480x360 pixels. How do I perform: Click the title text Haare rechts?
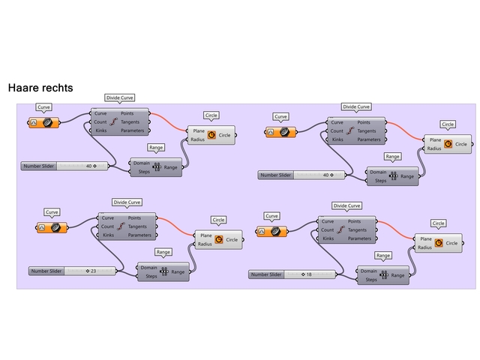tap(40, 88)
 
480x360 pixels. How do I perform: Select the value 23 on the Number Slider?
tap(94, 270)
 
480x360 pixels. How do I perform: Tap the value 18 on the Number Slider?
tap(308, 274)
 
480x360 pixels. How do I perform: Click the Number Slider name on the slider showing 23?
tap(46, 270)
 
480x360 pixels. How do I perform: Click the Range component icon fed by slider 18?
tap(385, 275)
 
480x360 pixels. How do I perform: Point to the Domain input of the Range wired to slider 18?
tap(368, 271)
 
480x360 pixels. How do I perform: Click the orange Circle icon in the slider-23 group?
tap(219, 240)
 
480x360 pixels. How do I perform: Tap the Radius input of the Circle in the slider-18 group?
tap(424, 247)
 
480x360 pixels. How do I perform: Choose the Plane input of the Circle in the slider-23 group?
tap(206, 235)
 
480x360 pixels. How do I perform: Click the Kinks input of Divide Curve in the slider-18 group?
tap(327, 238)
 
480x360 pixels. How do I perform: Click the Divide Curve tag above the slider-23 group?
tap(126, 202)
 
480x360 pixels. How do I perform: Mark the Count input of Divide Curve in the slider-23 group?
tap(108, 226)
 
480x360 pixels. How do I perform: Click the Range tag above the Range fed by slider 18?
tap(383, 256)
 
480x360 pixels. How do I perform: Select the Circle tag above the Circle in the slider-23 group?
tap(218, 220)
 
